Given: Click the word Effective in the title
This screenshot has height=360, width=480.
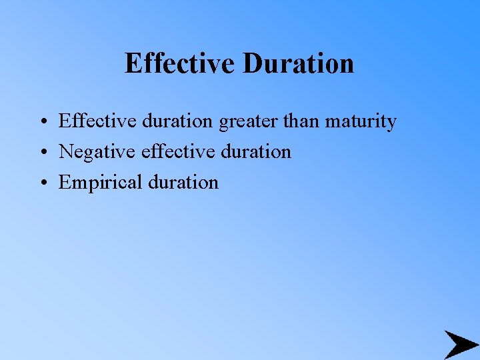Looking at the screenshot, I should pos(180,64).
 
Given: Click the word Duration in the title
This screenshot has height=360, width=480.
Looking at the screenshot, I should pos(298,64).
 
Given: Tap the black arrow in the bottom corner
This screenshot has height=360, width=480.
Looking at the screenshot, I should pos(461,345).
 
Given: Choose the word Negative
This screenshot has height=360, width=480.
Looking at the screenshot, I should pos(97,152).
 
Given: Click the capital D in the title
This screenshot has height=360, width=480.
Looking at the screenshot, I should pos(252,64).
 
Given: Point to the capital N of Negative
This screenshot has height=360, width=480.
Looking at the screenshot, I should pos(65,152).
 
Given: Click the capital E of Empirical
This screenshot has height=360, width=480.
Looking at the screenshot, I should pos(64,182).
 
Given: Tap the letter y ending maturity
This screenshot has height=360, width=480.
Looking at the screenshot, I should pos(391,123).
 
